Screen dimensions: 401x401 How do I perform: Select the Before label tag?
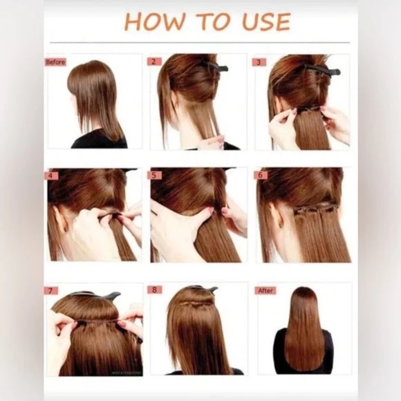click(x=55, y=62)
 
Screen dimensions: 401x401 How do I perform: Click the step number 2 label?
click(x=155, y=62)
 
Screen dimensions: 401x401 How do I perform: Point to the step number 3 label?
click(x=259, y=62)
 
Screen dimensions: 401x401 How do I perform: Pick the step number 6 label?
click(x=261, y=176)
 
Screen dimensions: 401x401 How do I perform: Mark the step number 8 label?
click(x=154, y=290)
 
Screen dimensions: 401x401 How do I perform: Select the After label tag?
click(x=265, y=290)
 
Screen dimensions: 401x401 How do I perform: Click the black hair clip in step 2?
click(x=216, y=66)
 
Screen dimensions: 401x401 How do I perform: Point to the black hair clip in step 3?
click(x=322, y=69)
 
